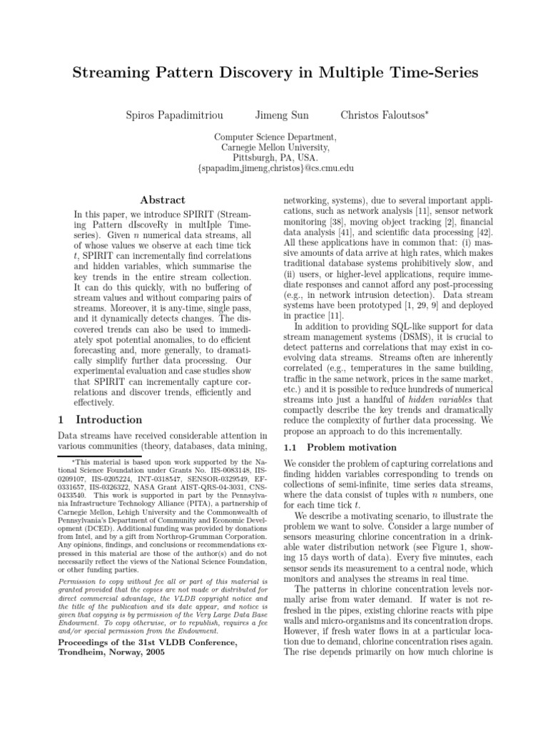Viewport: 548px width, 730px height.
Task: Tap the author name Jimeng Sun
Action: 280,115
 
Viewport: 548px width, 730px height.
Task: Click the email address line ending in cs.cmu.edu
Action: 275,169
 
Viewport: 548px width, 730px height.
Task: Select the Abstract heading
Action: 162,200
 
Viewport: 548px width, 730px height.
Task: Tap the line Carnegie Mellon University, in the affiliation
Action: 275,147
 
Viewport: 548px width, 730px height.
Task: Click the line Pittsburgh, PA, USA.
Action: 275,158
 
